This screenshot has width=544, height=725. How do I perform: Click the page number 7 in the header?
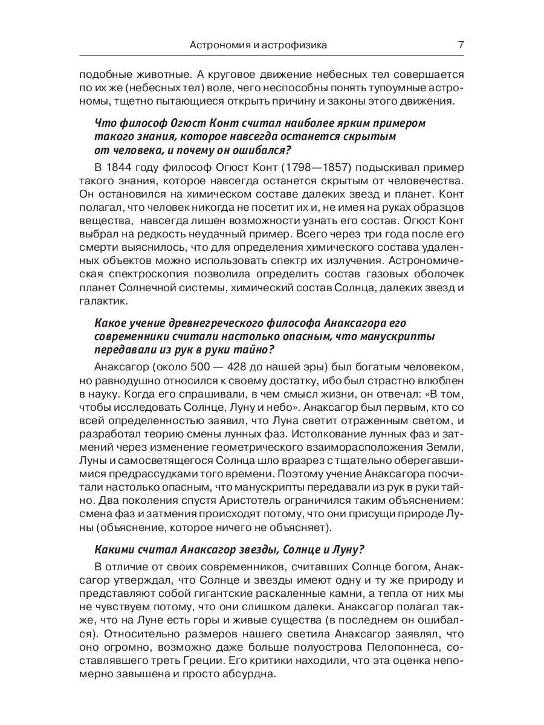click(x=461, y=45)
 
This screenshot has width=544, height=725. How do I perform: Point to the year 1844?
click(x=122, y=167)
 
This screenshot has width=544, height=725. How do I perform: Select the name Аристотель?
click(x=234, y=500)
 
